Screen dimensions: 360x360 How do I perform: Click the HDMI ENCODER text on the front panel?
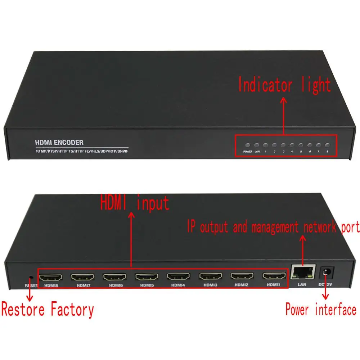click(59, 143)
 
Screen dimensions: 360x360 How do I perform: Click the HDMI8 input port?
click(51, 277)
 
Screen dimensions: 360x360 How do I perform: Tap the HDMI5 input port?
click(147, 277)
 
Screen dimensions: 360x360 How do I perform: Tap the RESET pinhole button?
click(31, 278)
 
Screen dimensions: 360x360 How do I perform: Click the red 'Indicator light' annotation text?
click(284, 86)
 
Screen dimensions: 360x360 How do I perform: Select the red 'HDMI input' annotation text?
click(135, 203)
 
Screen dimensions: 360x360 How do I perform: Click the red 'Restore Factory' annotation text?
click(48, 310)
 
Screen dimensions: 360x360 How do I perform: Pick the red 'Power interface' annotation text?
click(321, 309)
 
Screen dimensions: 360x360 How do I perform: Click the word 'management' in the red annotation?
click(275, 227)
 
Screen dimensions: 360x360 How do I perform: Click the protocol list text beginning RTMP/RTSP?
click(81, 151)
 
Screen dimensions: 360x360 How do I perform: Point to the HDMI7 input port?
click(82, 277)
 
